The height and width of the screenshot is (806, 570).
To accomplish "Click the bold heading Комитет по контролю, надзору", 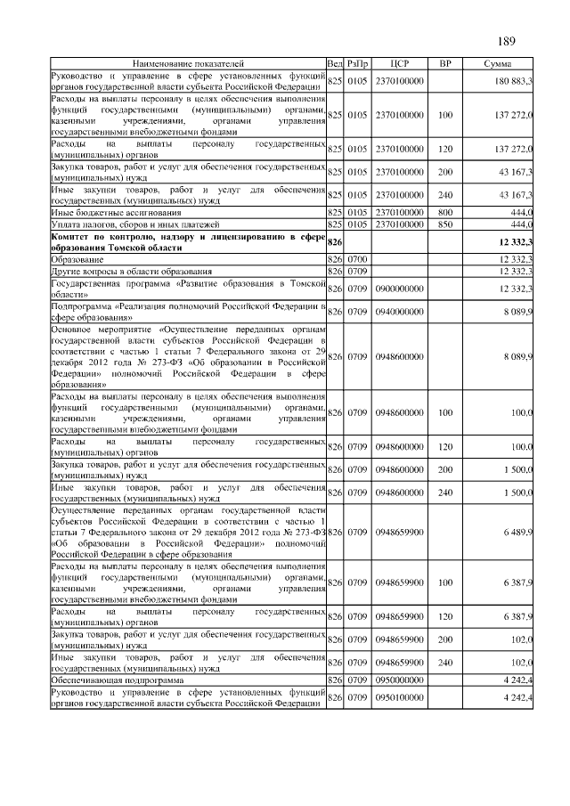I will click(188, 236).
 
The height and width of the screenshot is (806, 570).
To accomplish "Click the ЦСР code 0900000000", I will click(399, 288).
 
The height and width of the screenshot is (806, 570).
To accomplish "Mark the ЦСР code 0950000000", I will click(399, 678).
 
